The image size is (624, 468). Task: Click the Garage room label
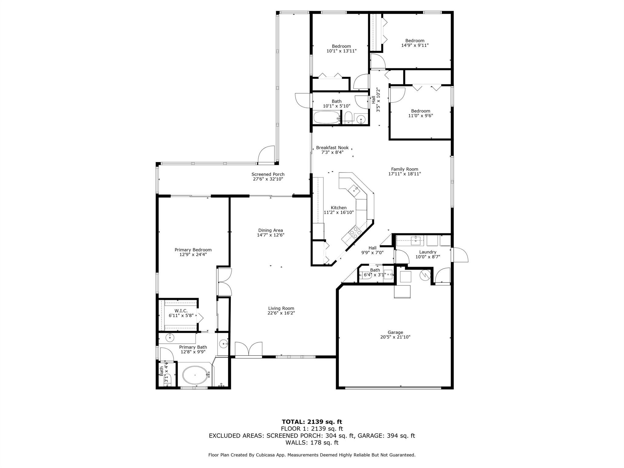click(x=395, y=332)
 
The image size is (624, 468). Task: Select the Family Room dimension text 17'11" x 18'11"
click(x=404, y=174)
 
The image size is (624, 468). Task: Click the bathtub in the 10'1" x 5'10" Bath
click(x=327, y=117)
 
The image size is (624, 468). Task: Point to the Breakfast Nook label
click(x=332, y=148)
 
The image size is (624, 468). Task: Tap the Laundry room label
click(x=427, y=252)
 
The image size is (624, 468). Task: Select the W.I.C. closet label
click(x=181, y=311)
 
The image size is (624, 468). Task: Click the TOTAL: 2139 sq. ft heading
click(x=312, y=422)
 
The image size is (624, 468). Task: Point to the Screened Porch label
click(x=268, y=174)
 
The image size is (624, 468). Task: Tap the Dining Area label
click(x=271, y=230)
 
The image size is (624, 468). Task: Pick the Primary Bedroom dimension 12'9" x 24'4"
click(x=193, y=254)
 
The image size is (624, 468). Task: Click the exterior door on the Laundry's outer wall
click(x=459, y=254)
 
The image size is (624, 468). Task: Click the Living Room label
click(x=281, y=308)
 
